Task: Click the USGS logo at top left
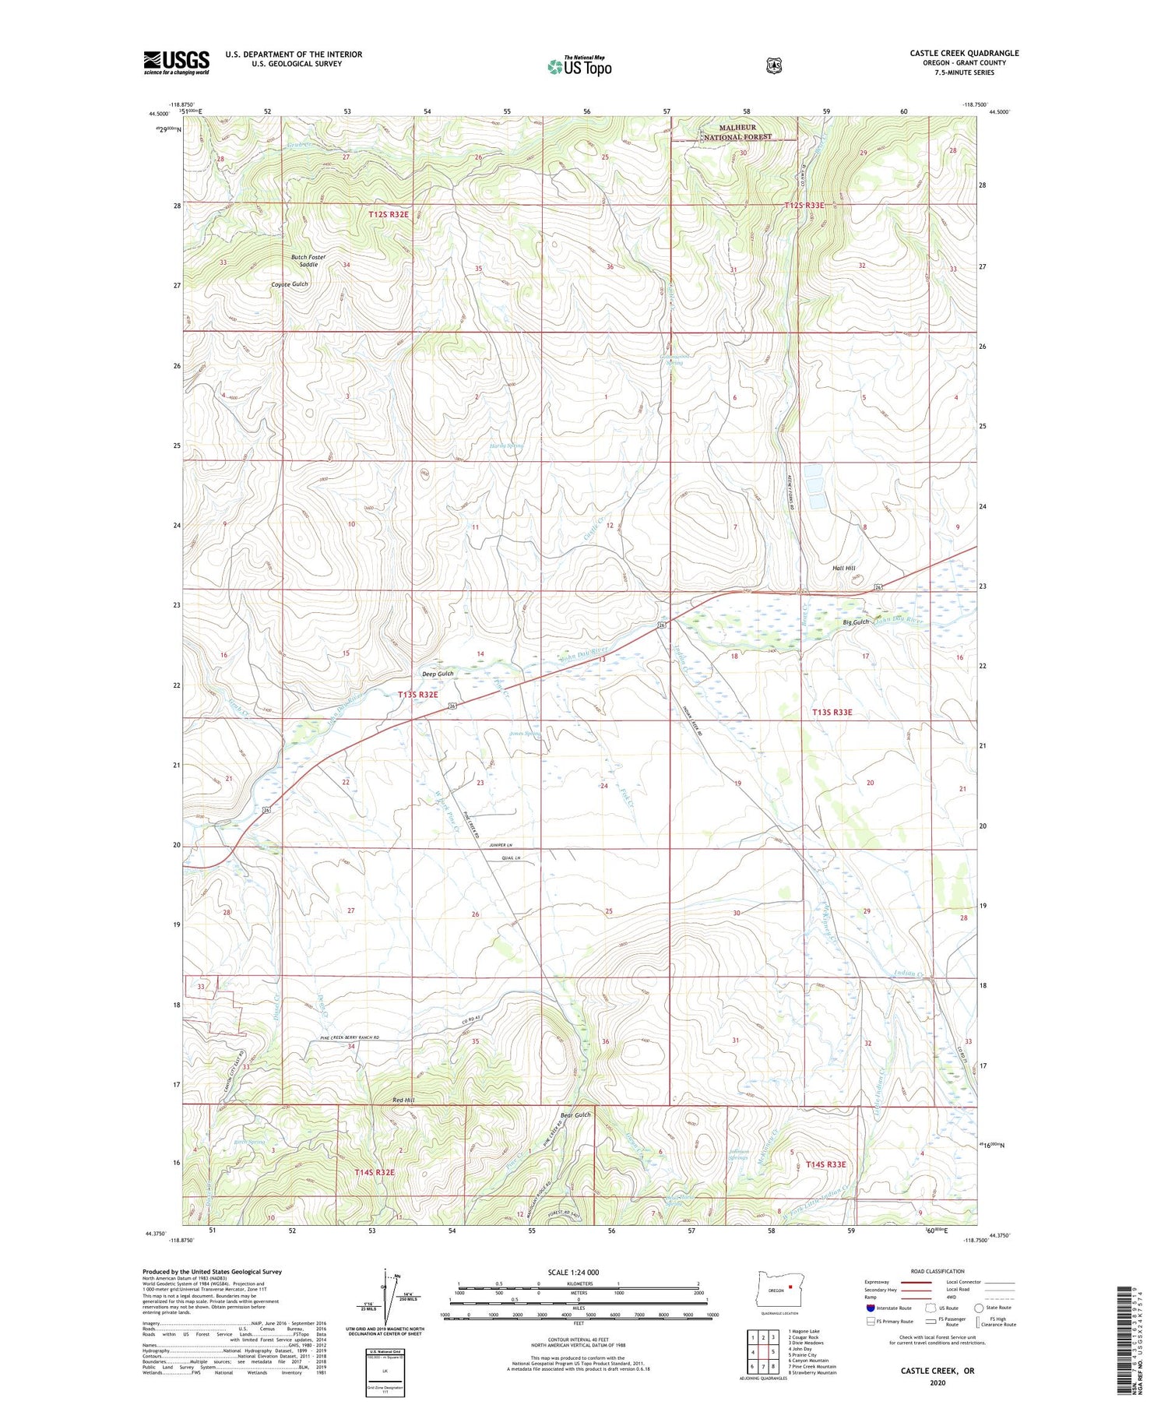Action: tap(176, 62)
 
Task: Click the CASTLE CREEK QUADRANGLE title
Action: tap(964, 53)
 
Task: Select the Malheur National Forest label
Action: tap(736, 132)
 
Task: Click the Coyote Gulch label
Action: tap(290, 284)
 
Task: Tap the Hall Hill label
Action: tap(843, 569)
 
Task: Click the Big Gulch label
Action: tap(855, 622)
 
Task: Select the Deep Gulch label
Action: tap(437, 674)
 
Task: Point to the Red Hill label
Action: tap(403, 1100)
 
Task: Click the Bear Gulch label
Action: tap(576, 1114)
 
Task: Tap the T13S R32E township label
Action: tap(418, 694)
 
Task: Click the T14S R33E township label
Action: tap(825, 1164)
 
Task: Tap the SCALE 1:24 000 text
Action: tap(574, 1272)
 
